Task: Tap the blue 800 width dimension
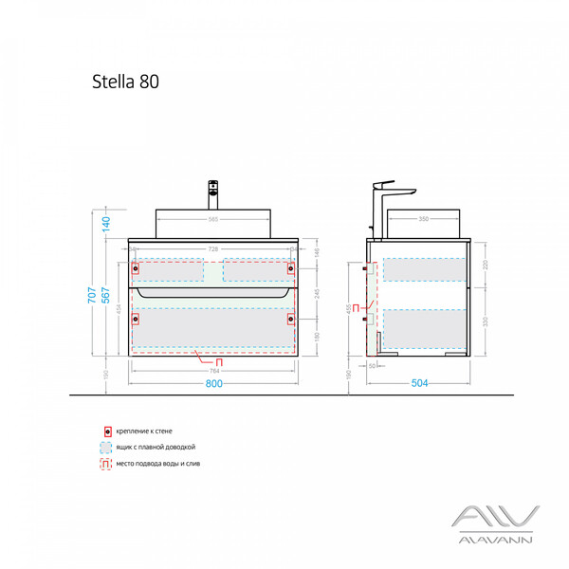pyautogui.click(x=213, y=384)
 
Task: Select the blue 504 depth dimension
pyautogui.click(x=419, y=384)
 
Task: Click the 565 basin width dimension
pyautogui.click(x=213, y=221)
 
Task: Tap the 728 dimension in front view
pyautogui.click(x=213, y=248)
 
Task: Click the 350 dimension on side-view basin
pyautogui.click(x=421, y=221)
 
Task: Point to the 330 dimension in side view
pyautogui.click(x=484, y=321)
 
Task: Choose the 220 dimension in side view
pyautogui.click(x=484, y=265)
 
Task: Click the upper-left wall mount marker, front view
pyautogui.click(x=133, y=268)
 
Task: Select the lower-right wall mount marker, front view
pyautogui.click(x=292, y=320)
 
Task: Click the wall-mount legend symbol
pyautogui.click(x=108, y=431)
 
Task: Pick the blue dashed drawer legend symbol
pyautogui.click(x=108, y=447)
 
